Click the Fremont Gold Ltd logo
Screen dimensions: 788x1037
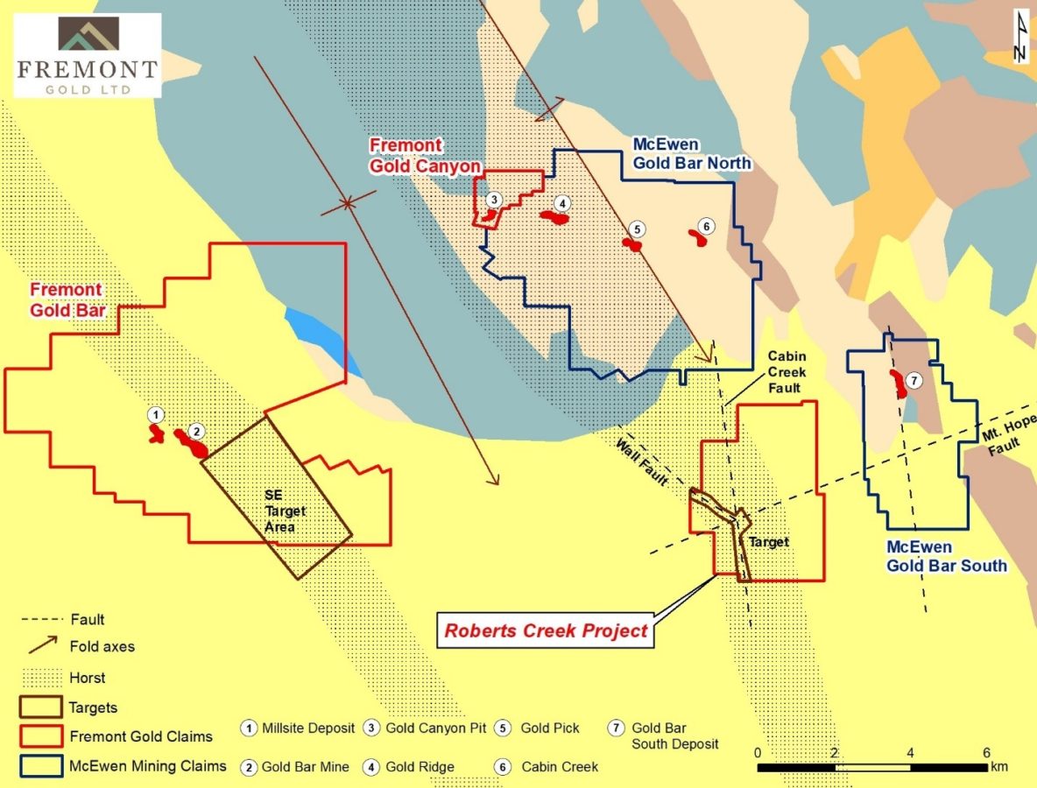[86, 55]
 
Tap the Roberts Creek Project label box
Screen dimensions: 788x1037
[546, 630]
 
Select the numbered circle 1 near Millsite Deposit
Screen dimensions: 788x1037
[155, 414]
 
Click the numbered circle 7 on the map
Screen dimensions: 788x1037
[914, 381]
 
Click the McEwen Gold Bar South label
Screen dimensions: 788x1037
[946, 556]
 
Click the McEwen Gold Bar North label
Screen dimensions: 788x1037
[691, 154]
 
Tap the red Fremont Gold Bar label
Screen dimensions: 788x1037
[67, 299]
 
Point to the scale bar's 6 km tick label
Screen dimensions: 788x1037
[987, 753]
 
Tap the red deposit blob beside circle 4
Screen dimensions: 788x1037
[554, 216]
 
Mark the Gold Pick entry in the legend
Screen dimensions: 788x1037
[549, 728]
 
